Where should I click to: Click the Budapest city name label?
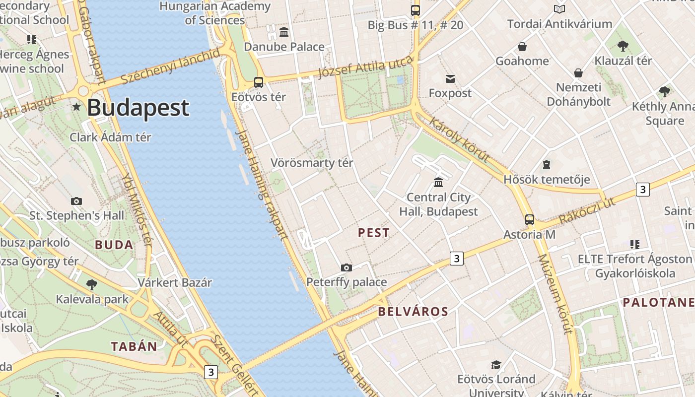point(138,108)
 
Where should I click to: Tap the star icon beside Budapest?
point(76,107)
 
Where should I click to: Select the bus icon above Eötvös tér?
point(259,82)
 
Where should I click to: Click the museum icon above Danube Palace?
point(284,32)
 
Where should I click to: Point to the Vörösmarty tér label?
point(312,163)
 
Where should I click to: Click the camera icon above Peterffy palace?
point(347,268)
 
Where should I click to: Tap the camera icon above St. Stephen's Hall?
point(76,201)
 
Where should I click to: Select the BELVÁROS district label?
point(413,312)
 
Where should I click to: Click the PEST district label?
point(374,233)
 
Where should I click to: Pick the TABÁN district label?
point(134,346)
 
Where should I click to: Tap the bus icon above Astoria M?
point(530,220)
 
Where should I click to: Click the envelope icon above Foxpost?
point(450,79)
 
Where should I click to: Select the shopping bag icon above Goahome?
point(522,47)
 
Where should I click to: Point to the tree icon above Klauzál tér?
point(623,47)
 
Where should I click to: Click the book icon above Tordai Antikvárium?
point(559,9)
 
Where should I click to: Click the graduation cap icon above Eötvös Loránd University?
point(496,365)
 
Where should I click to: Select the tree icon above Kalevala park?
point(91,285)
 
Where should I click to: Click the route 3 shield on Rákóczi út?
point(643,189)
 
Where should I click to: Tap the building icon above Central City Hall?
point(438,183)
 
